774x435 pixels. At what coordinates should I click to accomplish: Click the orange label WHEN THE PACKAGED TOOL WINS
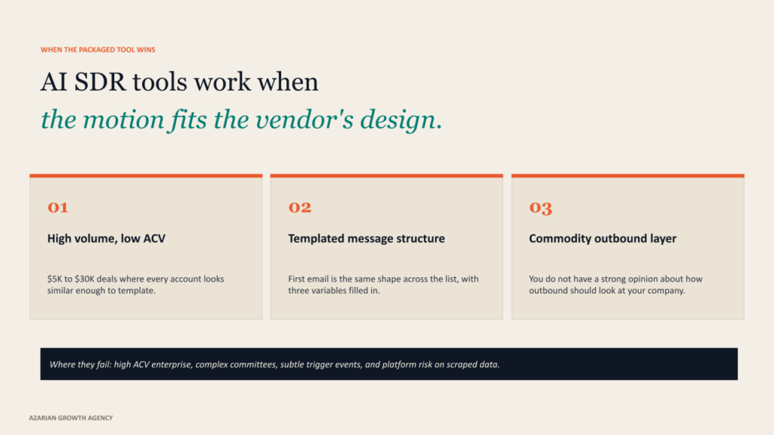[98, 50]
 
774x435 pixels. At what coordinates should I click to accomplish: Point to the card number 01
[57, 207]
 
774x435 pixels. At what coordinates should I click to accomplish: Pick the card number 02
[299, 207]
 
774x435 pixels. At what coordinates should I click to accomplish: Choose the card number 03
[540, 208]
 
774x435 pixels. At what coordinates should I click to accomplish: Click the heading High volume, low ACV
[106, 239]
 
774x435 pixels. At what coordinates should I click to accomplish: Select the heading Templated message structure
[367, 239]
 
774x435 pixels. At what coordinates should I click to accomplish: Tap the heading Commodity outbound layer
[602, 239]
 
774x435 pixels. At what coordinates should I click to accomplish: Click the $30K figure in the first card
[85, 279]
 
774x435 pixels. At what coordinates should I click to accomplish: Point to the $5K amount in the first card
[54, 279]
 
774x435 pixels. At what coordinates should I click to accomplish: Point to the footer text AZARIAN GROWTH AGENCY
[70, 418]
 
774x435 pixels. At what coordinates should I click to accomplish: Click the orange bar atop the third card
[628, 175]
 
